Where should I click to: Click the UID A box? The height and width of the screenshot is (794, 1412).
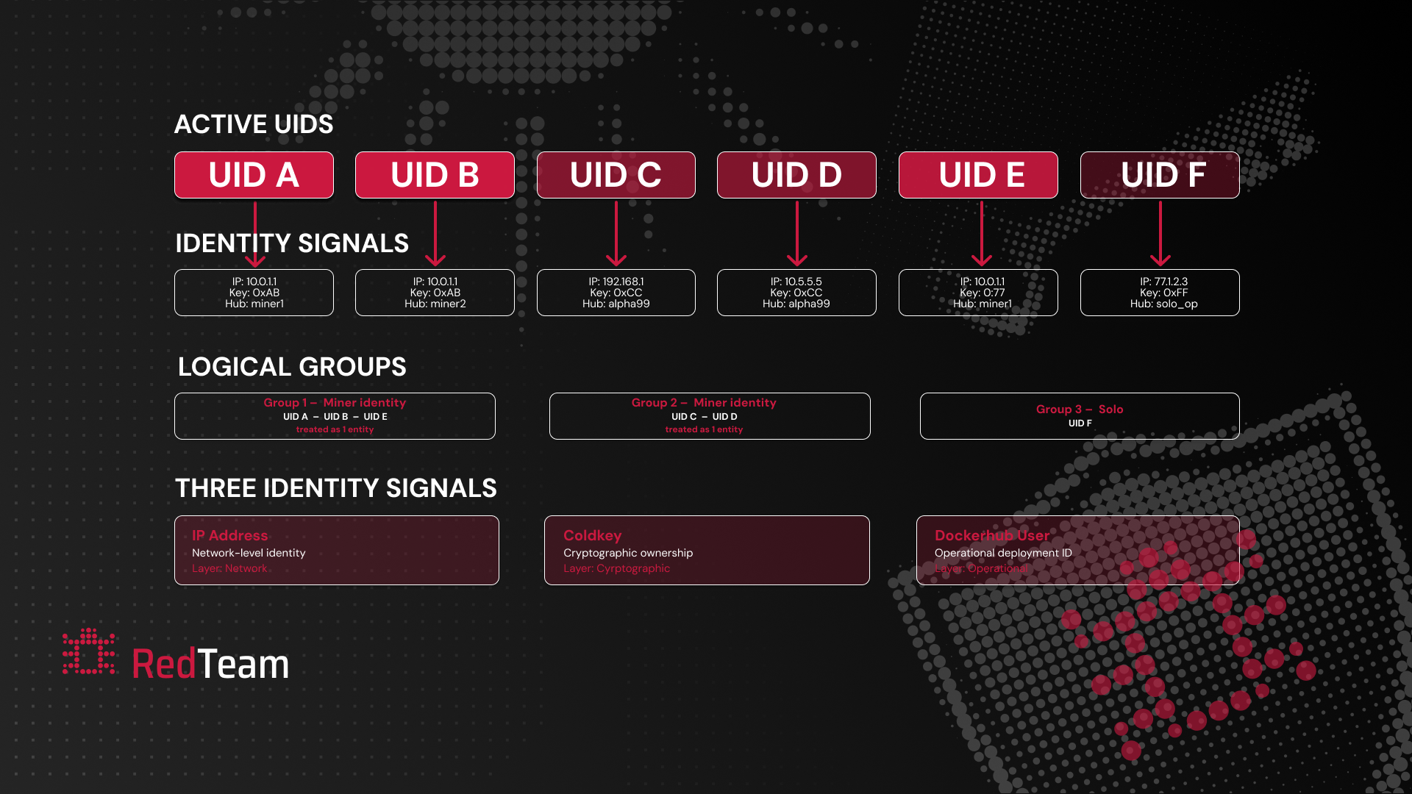254,175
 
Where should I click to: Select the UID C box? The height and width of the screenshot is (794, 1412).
616,175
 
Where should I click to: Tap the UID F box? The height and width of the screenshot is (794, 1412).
1160,175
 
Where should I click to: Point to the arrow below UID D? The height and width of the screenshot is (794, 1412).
797,234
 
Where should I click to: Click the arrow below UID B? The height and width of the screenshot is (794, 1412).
435,234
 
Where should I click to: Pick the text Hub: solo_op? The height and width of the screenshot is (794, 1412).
1163,304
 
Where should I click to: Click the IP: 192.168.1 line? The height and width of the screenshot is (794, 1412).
616,282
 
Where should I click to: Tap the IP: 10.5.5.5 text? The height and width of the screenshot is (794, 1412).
796,282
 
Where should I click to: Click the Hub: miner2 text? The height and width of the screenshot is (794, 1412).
435,304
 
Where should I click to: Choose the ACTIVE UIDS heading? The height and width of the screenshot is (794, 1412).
254,124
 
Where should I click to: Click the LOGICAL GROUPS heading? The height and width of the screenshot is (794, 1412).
292,367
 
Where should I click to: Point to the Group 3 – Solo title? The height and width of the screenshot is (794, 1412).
1079,409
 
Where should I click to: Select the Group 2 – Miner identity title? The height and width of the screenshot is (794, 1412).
704,403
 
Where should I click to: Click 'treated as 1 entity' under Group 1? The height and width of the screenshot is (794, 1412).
335,430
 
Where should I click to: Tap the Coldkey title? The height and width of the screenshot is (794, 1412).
592,536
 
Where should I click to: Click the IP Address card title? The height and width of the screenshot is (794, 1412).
229,536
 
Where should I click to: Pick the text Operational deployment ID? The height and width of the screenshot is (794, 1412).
1003,553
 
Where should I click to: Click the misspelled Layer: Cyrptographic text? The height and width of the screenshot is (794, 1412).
616,568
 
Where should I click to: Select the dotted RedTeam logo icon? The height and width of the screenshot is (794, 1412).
88,651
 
